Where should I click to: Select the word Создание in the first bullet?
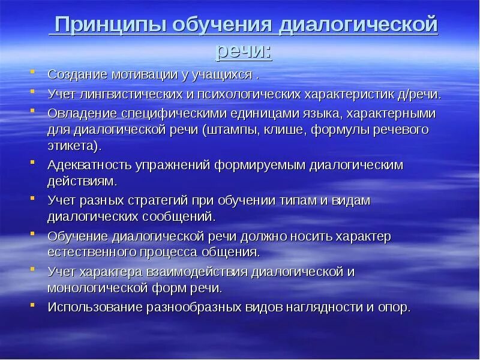77,75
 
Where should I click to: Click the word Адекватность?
86,164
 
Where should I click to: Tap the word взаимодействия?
196,271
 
